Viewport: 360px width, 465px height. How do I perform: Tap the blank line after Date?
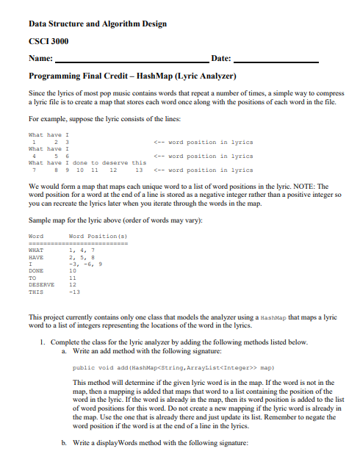coord(275,60)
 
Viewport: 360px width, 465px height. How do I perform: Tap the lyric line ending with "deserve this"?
coord(87,163)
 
